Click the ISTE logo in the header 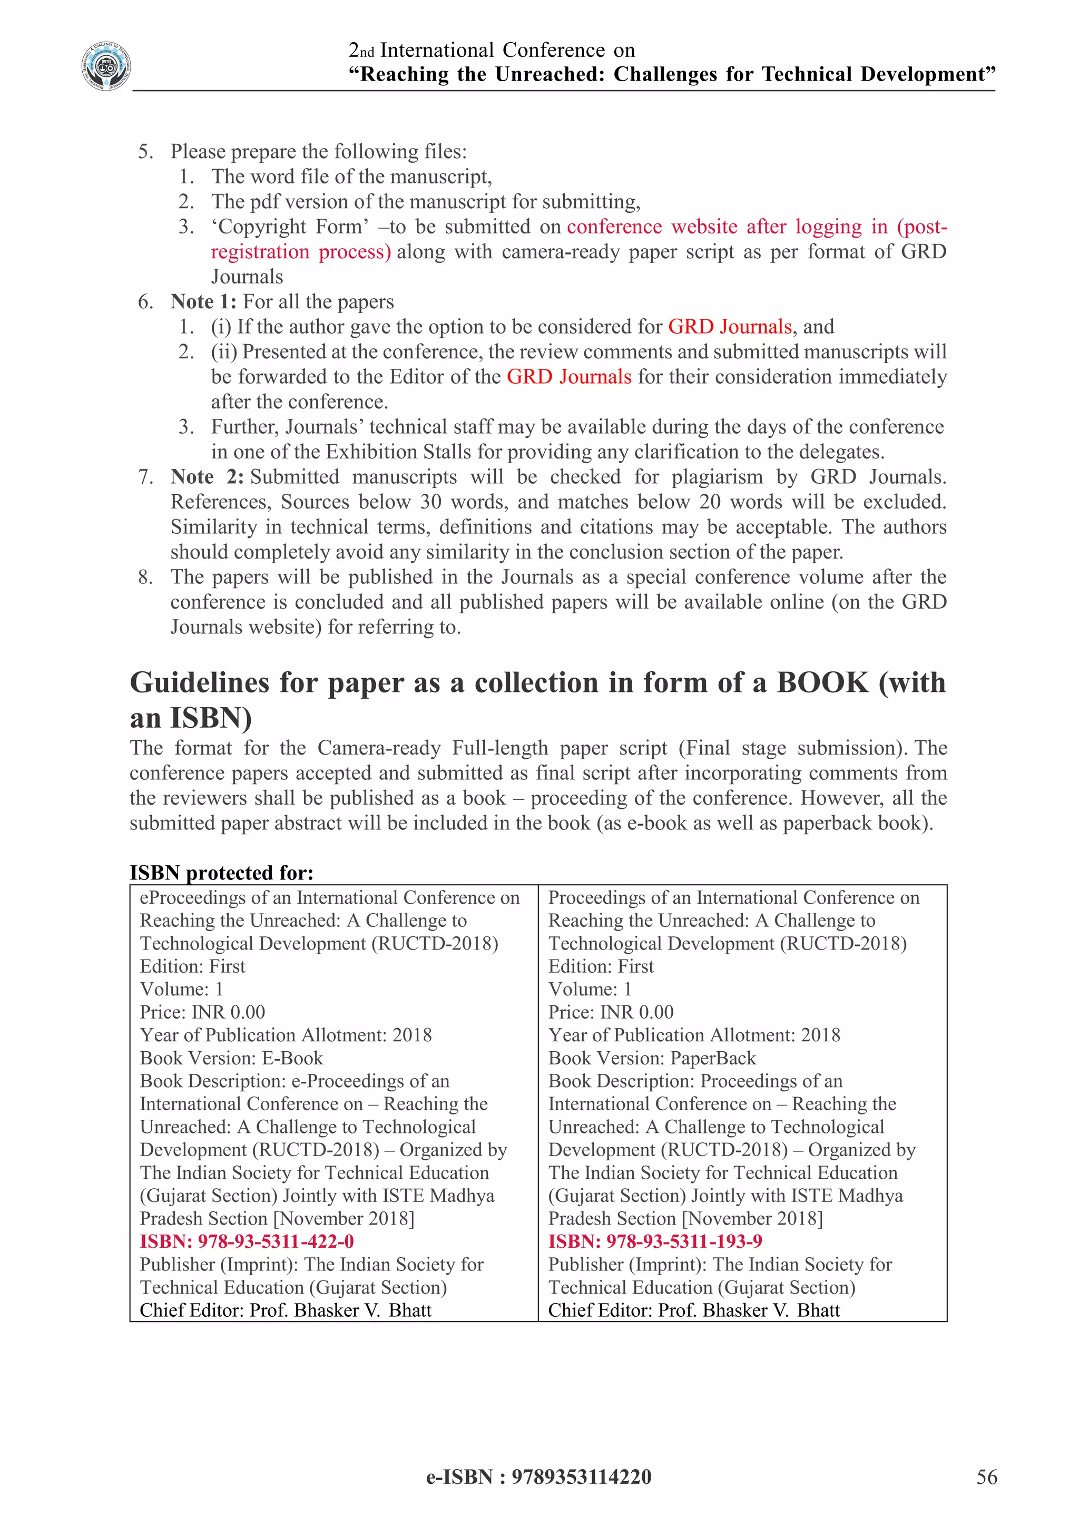tap(106, 66)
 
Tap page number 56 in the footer tap(987, 1477)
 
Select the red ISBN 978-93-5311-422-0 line tap(247, 1241)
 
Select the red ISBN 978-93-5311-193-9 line tap(654, 1241)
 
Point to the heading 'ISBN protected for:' tap(221, 873)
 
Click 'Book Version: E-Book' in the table tap(231, 1058)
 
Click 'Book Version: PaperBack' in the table tap(652, 1058)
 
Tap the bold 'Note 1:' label tap(203, 302)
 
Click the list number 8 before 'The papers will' tap(145, 577)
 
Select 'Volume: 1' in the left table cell tap(181, 989)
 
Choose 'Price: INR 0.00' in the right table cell tap(610, 1012)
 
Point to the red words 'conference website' tap(652, 227)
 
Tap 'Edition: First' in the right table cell tap(601, 966)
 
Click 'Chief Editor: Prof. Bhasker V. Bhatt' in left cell tap(285, 1310)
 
